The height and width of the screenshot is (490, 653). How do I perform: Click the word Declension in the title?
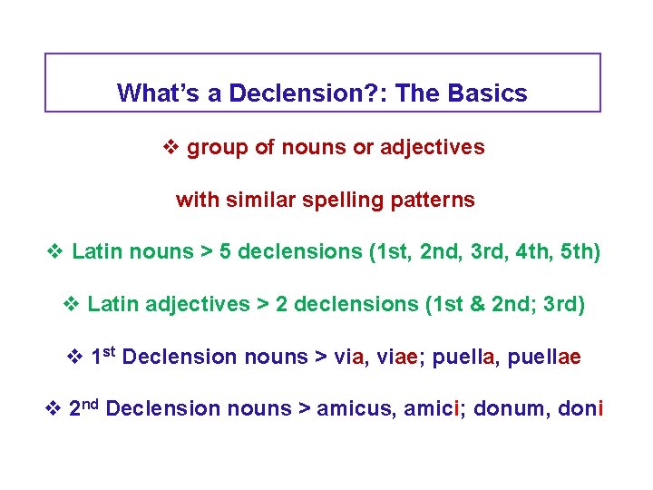[280, 93]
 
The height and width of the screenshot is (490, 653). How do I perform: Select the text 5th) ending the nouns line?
[580, 251]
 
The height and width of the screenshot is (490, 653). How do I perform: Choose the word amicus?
[347, 408]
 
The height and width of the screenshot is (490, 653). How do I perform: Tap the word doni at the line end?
[581, 408]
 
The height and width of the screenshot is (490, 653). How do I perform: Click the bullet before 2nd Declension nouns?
[53, 408]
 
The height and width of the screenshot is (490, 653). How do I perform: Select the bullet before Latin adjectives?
[73, 304]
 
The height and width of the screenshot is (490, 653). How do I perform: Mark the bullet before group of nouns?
[172, 148]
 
